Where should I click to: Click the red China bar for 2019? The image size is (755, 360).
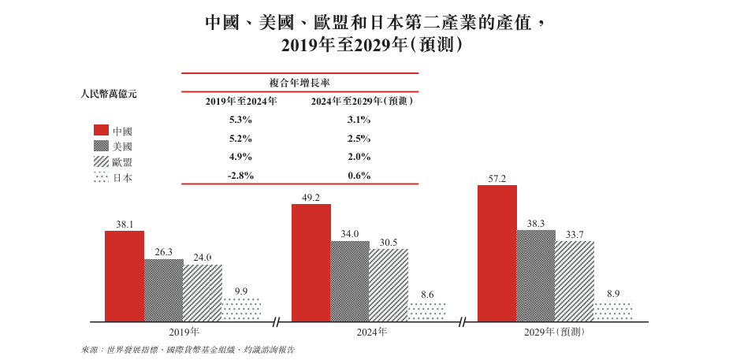click(125, 276)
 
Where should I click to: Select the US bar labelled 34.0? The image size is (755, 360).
click(350, 280)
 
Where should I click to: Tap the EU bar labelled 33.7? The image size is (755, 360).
click(575, 280)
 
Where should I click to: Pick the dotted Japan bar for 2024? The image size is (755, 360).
click(427, 311)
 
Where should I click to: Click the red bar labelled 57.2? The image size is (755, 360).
click(497, 253)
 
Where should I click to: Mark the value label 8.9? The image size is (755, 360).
click(613, 294)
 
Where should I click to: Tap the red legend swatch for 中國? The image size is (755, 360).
click(101, 130)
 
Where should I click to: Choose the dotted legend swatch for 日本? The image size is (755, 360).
click(101, 177)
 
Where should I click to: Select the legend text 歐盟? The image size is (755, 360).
click(122, 161)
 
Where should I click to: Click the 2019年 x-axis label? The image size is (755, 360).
click(184, 332)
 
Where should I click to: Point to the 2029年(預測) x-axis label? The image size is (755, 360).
click(553, 332)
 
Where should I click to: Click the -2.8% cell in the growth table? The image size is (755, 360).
click(240, 176)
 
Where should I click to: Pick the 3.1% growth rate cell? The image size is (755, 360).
click(359, 120)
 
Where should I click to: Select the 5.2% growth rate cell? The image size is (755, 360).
click(240, 139)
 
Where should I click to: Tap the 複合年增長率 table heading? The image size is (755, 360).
click(300, 83)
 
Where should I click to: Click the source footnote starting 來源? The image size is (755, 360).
click(193, 348)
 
